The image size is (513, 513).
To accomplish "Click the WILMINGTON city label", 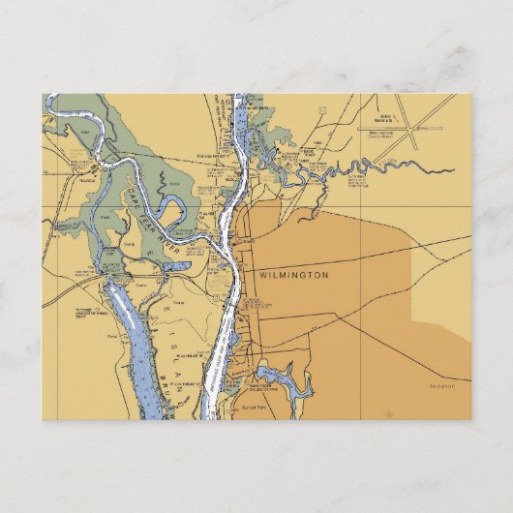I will click(x=294, y=276).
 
